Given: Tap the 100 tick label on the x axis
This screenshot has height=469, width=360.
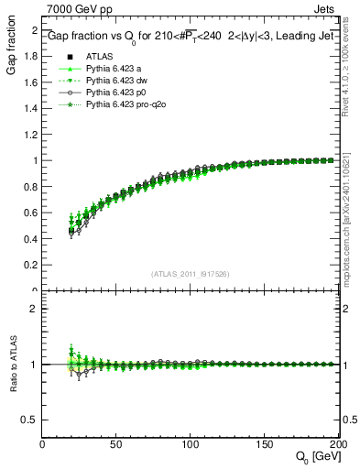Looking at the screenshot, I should [191, 444].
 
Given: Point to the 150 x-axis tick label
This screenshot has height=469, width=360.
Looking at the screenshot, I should [265, 444].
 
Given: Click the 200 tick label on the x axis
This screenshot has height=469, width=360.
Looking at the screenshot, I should [337, 444].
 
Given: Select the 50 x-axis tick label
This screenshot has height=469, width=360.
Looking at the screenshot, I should [117, 444].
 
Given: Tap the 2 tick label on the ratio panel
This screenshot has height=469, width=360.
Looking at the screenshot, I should [33, 309].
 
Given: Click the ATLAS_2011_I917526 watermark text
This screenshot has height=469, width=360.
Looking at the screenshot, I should [191, 273].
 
